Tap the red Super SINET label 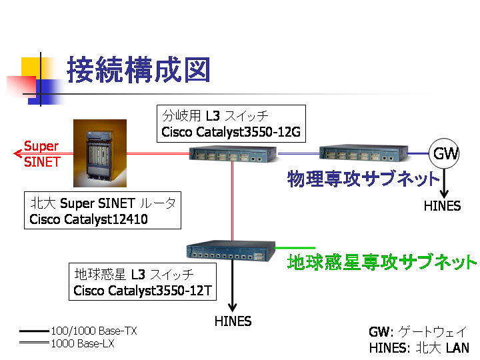41,153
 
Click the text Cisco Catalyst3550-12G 231,133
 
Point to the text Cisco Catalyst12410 89,219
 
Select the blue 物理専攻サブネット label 364,179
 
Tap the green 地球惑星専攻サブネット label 382,262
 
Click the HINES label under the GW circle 442,206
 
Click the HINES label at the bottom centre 233,321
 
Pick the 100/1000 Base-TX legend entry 93,331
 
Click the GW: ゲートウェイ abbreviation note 417,332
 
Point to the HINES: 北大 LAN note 419,347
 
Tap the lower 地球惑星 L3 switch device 231,250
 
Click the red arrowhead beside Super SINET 18,154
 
